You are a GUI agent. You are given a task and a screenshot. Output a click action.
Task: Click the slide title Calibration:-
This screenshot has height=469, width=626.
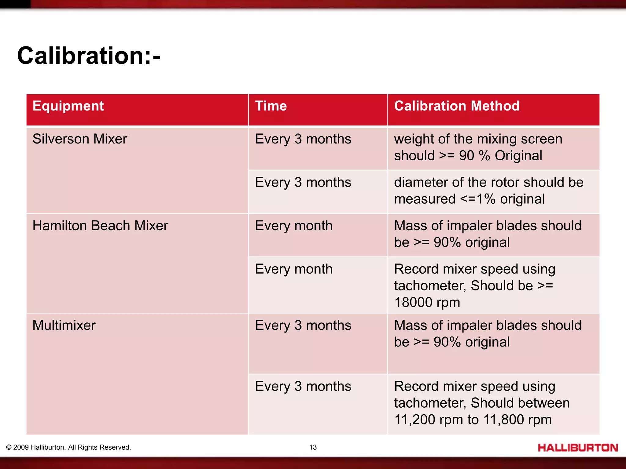(x=89, y=56)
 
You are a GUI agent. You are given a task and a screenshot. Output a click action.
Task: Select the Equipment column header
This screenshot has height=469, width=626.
(x=68, y=106)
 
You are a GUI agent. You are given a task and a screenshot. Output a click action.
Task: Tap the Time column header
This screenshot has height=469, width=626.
(x=271, y=106)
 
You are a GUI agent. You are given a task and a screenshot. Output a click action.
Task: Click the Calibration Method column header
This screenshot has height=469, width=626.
(x=457, y=106)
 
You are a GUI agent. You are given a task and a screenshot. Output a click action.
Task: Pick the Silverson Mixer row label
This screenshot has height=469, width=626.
(x=79, y=139)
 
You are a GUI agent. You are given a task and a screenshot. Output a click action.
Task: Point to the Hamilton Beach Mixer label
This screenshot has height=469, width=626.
(x=100, y=226)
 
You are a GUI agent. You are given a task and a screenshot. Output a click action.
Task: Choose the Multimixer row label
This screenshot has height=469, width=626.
(x=64, y=325)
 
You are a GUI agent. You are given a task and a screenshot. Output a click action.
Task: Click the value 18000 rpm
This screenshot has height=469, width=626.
(x=427, y=303)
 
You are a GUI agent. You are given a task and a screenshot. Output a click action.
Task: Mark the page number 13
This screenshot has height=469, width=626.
(x=313, y=447)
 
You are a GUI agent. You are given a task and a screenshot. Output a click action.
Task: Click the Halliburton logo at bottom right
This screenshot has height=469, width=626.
(x=578, y=448)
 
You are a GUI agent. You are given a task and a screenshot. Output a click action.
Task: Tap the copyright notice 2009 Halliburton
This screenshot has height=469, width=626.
(x=68, y=447)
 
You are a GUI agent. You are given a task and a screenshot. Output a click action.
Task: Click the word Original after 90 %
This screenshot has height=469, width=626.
(x=518, y=156)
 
